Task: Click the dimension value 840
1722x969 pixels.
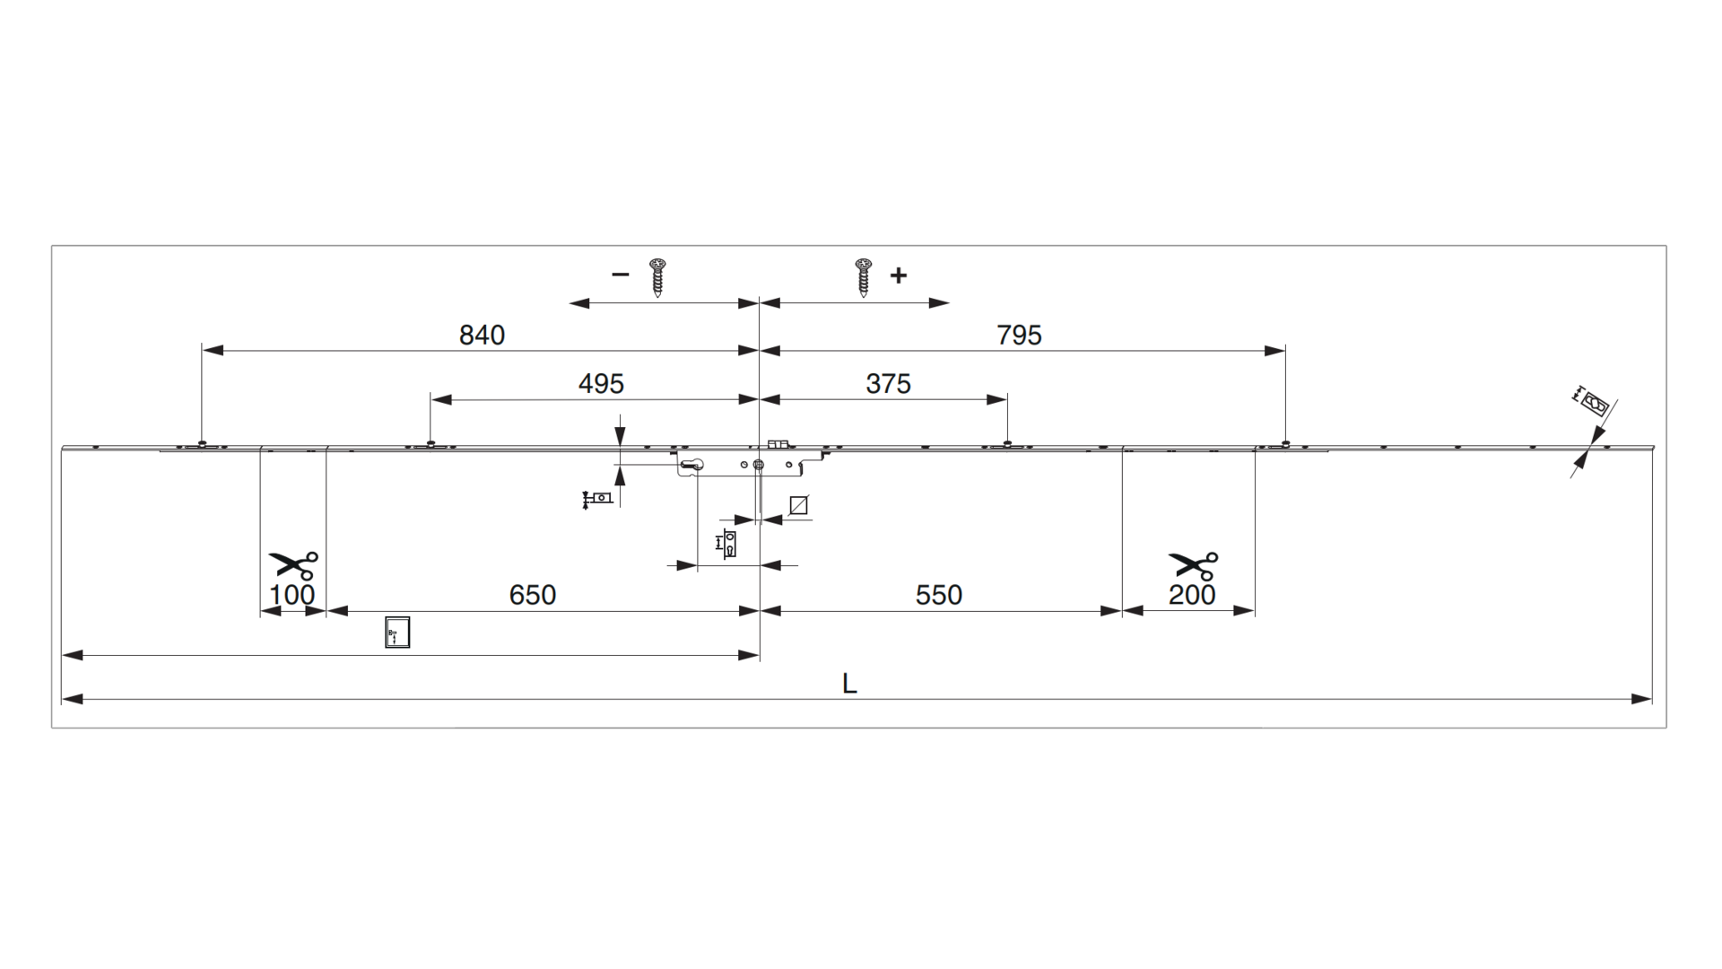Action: (x=482, y=335)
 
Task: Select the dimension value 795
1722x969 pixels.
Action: (x=1019, y=335)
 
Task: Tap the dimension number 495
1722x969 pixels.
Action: (x=601, y=383)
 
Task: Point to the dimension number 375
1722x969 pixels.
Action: (x=888, y=383)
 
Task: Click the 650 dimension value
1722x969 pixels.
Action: (x=533, y=595)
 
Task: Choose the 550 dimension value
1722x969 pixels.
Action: (x=938, y=595)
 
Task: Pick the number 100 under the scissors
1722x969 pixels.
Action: (x=292, y=595)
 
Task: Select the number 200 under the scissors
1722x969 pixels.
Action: (x=1192, y=595)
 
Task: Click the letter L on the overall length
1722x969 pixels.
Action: (x=849, y=684)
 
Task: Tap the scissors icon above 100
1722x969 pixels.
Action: (x=293, y=565)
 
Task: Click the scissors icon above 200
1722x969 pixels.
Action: (x=1193, y=565)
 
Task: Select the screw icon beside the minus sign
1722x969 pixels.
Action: (x=658, y=277)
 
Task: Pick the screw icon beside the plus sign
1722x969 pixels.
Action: (x=864, y=277)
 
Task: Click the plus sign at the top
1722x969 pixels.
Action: (x=899, y=275)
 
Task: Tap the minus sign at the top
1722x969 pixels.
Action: (x=620, y=275)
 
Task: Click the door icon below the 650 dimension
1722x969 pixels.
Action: (x=397, y=632)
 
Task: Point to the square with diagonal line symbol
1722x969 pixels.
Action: (x=798, y=506)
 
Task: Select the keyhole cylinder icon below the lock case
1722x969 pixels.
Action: (x=729, y=543)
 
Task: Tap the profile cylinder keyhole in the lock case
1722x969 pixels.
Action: (x=692, y=464)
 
